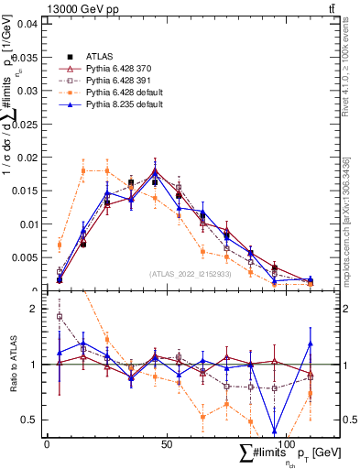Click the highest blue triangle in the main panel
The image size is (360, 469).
click(x=155, y=171)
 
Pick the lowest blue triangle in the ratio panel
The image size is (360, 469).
click(x=274, y=431)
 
